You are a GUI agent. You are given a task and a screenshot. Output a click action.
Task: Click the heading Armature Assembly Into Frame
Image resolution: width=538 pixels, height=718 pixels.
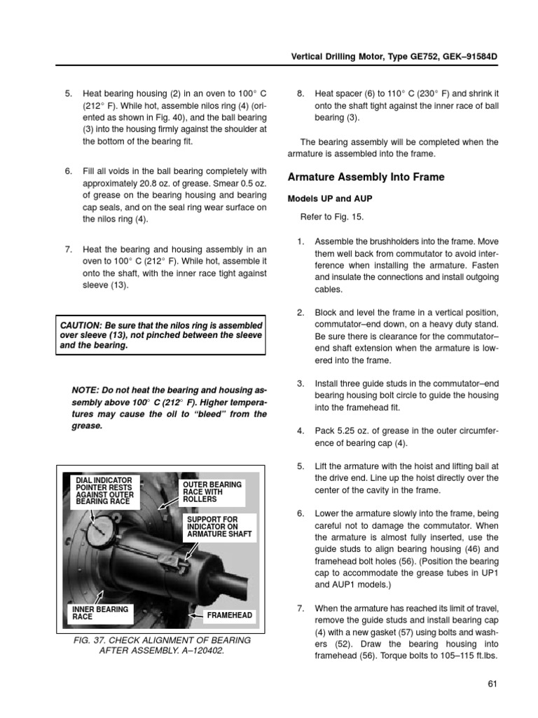tap(366, 177)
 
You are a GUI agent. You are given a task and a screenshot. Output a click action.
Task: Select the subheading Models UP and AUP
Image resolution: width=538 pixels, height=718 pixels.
tap(328, 198)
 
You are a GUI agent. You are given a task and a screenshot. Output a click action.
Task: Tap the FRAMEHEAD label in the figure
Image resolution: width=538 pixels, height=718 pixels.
tap(229, 616)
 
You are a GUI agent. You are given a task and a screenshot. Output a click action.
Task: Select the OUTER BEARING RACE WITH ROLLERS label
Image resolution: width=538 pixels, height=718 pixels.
tap(212, 492)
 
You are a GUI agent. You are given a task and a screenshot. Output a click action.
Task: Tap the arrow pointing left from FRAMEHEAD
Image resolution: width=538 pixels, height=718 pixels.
tap(197, 616)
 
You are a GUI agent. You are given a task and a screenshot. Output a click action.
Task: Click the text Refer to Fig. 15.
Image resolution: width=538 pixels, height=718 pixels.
tap(333, 217)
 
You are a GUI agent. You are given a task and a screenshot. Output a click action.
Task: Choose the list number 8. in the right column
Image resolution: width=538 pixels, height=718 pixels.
tap(301, 93)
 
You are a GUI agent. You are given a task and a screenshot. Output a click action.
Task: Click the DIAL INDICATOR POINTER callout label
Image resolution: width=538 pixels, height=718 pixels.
tap(103, 489)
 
